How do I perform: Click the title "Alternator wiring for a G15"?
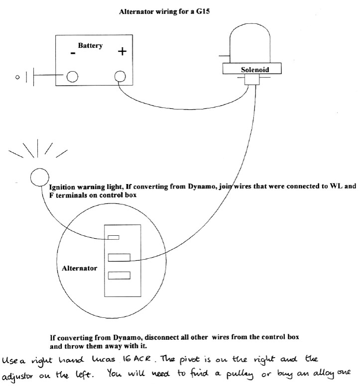click(x=164, y=11)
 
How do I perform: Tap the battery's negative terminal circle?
click(x=72, y=77)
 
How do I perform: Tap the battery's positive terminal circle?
click(x=120, y=76)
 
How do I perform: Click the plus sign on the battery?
click(x=122, y=51)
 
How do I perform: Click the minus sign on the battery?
click(x=73, y=53)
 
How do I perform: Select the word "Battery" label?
click(x=90, y=46)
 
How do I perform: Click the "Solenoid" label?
click(x=255, y=70)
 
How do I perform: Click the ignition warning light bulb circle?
click(x=40, y=177)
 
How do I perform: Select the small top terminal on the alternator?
click(x=114, y=237)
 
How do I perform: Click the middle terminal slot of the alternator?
click(x=120, y=258)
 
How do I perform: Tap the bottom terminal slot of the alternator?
click(x=120, y=276)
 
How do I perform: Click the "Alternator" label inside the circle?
click(x=79, y=268)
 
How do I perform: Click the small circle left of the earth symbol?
click(x=17, y=77)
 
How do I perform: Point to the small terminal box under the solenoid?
click(x=252, y=80)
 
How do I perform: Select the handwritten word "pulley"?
click(x=240, y=375)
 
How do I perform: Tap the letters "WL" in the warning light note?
click(x=336, y=186)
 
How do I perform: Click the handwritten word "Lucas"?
click(x=104, y=359)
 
